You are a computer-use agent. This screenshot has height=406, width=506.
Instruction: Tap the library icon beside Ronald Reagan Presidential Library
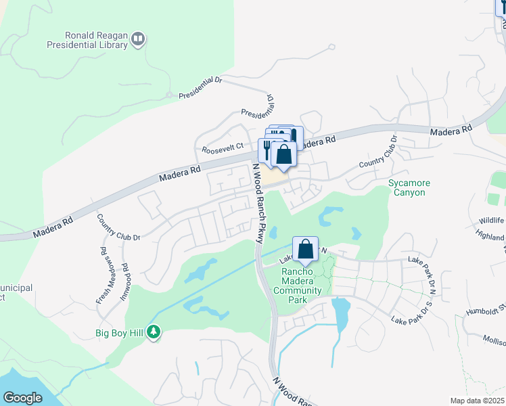(x=139, y=39)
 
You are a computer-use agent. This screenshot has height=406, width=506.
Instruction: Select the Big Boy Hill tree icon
(x=154, y=332)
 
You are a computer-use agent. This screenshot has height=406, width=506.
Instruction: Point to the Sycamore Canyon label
(x=407, y=187)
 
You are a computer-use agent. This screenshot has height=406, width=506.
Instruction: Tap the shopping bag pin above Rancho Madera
(x=306, y=248)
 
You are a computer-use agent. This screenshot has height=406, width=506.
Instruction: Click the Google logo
(x=22, y=397)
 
